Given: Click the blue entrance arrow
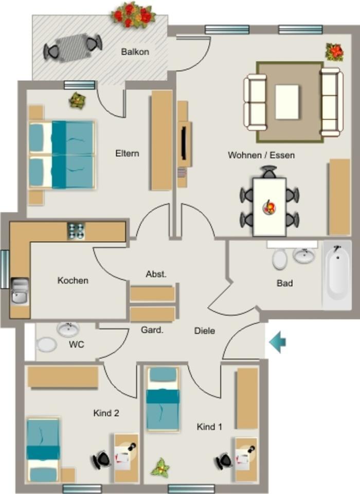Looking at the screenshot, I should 277,342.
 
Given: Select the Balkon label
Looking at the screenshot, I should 135,52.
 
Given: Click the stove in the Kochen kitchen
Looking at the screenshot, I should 76,231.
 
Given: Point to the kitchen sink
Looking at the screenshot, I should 20,291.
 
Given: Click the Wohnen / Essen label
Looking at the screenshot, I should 261,154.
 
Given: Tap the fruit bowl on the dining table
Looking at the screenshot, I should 269,207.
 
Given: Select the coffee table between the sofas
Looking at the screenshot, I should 287,102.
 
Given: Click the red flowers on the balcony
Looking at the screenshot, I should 133,14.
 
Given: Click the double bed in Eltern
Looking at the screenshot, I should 62,154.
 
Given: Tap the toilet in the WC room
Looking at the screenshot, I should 46,344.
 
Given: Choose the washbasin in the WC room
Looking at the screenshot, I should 68,329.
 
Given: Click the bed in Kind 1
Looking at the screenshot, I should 163,399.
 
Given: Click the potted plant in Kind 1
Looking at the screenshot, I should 161,468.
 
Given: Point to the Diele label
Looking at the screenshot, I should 205,331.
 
